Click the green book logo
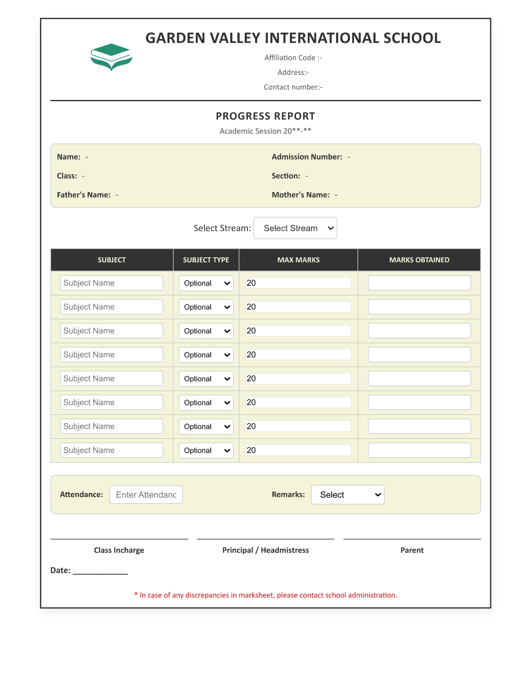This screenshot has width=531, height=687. [111, 57]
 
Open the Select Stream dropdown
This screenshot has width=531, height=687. [295, 228]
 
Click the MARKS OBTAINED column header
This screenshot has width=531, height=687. [419, 260]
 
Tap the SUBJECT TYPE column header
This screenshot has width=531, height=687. [206, 260]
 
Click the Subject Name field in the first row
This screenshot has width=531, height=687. [111, 283]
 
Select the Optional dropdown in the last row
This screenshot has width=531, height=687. [206, 451]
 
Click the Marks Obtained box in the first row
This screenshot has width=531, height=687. [419, 283]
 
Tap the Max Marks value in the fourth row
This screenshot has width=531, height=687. [298, 355]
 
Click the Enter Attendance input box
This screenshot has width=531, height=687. [146, 495]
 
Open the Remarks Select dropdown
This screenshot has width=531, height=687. [347, 495]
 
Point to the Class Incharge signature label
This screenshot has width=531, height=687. [119, 550]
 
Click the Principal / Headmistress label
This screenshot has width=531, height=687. [265, 550]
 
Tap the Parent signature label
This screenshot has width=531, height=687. [412, 550]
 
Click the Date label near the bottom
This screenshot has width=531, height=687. [60, 570]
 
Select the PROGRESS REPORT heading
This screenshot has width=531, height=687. [265, 116]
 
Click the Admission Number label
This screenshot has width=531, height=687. [307, 157]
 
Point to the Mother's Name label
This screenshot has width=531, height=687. [300, 195]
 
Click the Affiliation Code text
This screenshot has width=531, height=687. [293, 58]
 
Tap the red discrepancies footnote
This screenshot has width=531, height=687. [265, 595]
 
